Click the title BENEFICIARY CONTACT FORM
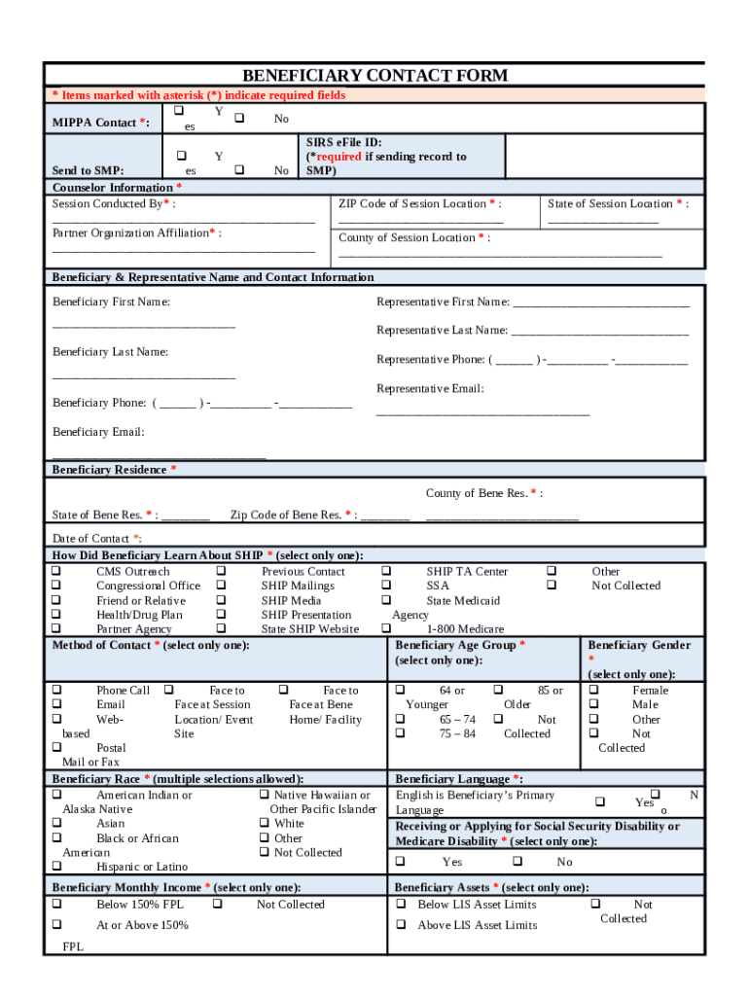point(374,76)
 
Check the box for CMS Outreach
point(56,571)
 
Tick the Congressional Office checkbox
point(56,586)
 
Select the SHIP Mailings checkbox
point(222,586)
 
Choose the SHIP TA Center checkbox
point(386,571)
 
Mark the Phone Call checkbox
point(56,690)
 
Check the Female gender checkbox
point(593,690)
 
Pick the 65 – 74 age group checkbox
point(400,719)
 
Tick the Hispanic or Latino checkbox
point(56,866)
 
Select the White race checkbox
point(265,823)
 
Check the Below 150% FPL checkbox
point(56,904)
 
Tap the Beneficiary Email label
point(98,432)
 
